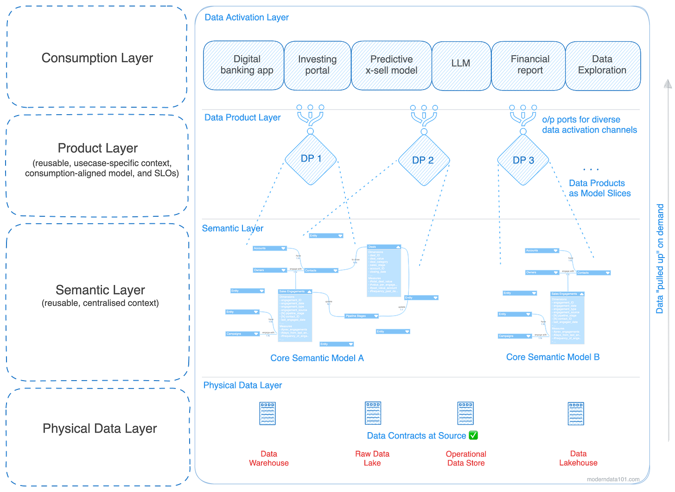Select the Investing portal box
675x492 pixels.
point(317,65)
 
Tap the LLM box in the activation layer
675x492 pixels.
point(461,65)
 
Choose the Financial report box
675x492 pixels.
point(529,65)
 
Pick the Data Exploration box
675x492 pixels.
point(603,65)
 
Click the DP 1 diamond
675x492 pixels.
point(311,159)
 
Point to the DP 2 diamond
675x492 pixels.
point(423,160)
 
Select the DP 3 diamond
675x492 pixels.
point(523,160)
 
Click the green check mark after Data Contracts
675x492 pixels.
point(473,435)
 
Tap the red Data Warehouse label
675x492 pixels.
point(268,458)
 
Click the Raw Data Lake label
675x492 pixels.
point(372,458)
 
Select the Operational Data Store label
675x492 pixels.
point(466,458)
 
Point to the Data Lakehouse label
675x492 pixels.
point(578,458)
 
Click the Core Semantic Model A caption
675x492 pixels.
point(317,358)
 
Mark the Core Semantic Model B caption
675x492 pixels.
point(553,357)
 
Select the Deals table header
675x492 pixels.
point(384,247)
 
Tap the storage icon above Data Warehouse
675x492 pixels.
point(267,413)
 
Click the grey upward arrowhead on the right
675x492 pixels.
point(667,84)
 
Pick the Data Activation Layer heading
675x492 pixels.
point(246,18)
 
